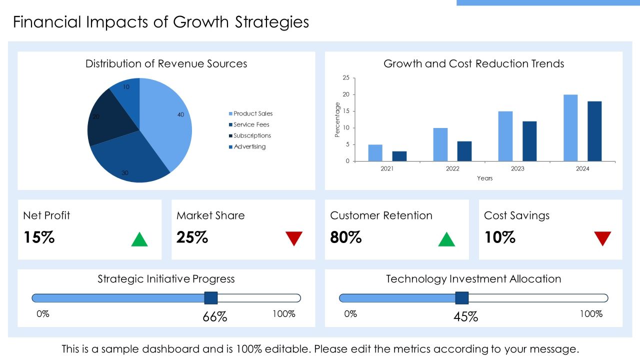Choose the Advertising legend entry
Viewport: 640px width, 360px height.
(x=247, y=146)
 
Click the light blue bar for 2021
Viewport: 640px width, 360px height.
(x=375, y=153)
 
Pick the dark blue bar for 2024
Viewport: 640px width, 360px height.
(x=594, y=131)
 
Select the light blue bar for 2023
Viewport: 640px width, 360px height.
(x=505, y=136)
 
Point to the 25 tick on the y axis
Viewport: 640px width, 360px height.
(x=346, y=77)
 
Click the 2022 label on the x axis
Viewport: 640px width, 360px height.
(x=452, y=169)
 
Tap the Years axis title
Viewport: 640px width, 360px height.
(x=485, y=178)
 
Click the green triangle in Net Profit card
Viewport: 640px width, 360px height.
(x=139, y=239)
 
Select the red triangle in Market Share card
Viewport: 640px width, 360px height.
(x=294, y=238)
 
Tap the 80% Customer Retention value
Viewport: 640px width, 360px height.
(x=345, y=237)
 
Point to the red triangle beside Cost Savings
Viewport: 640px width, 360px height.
(x=602, y=238)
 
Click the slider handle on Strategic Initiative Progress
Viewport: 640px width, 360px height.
(x=211, y=298)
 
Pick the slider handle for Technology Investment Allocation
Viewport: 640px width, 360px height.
(x=461, y=298)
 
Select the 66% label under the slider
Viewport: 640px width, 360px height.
(x=215, y=317)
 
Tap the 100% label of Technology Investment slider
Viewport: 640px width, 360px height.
(x=591, y=314)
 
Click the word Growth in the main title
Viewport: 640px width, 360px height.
(x=200, y=22)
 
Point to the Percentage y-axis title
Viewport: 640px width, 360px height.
(x=337, y=119)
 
